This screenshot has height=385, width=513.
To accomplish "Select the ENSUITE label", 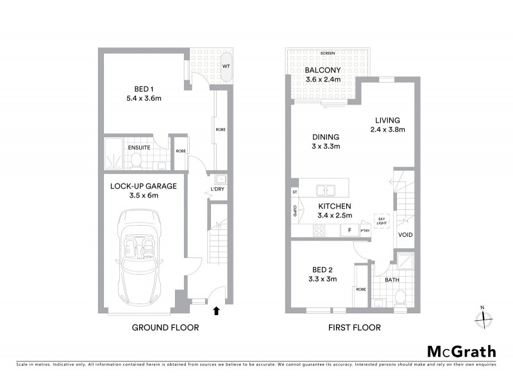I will click(139, 148).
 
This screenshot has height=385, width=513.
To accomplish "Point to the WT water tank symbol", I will click(226, 66).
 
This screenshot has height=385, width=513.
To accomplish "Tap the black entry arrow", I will click(216, 311).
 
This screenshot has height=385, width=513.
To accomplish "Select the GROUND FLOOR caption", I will click(165, 327).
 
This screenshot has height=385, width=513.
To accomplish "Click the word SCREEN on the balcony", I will click(327, 53).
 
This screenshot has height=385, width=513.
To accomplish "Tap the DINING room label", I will click(326, 137).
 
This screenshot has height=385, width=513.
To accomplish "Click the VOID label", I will click(405, 235).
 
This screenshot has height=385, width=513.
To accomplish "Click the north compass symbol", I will click(484, 316).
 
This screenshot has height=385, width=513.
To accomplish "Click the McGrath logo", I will click(462, 351).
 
